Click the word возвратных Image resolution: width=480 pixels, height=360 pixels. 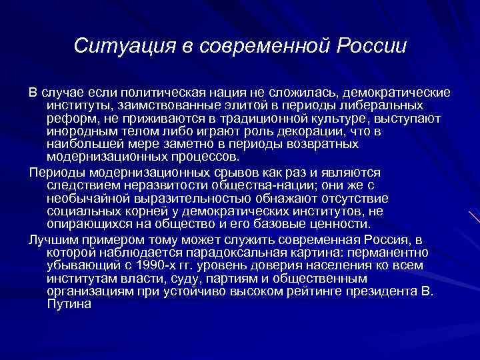coord(319,145)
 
